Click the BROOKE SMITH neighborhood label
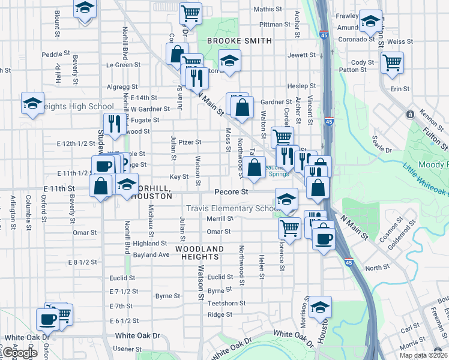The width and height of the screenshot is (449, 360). (240, 41)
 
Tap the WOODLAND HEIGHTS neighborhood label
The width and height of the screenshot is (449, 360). (200, 253)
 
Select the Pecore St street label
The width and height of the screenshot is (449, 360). (232, 192)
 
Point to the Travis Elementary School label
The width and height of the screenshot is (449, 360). (231, 208)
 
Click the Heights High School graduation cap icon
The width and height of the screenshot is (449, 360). (32, 103)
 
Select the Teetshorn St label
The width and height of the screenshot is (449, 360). (226, 303)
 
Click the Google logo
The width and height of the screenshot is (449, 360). (20, 353)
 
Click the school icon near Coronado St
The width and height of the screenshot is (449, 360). (371, 22)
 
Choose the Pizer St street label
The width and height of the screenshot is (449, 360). (190, 142)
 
